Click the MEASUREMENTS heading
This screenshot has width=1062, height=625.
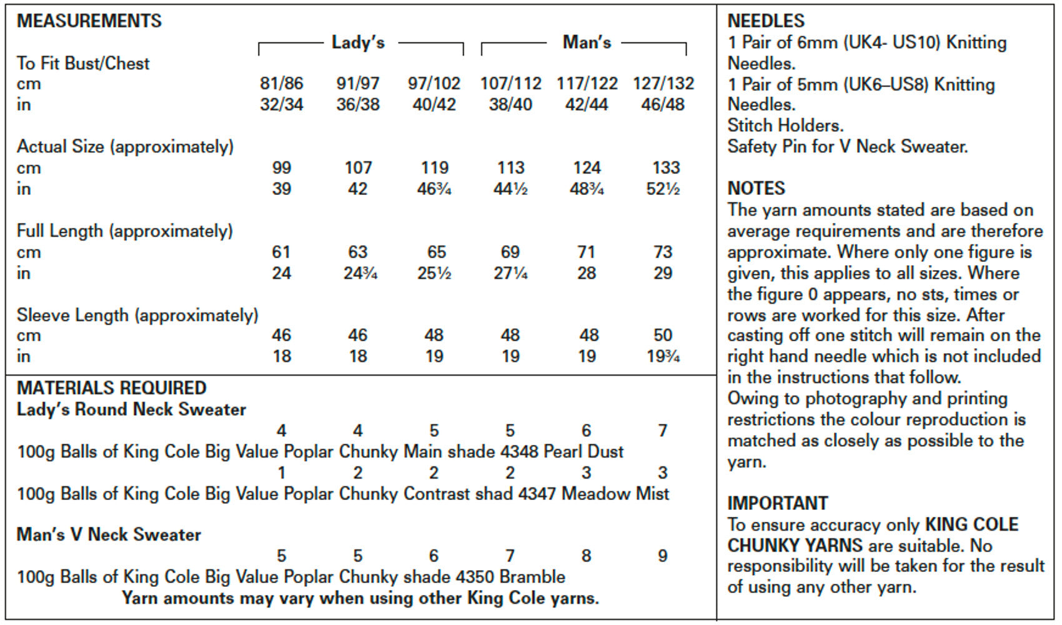point(89,21)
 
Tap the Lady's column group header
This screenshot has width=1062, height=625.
point(358,42)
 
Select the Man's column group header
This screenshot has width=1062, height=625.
point(587,42)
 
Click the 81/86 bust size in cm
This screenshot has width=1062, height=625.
point(281,84)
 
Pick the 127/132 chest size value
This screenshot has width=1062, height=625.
point(663,84)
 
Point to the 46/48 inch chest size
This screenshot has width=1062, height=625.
point(663,104)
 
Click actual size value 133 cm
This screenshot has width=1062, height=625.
point(666,168)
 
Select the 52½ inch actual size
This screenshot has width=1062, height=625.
point(663,189)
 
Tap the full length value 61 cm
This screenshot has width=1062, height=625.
point(281,252)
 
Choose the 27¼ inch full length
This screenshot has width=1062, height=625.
point(510,273)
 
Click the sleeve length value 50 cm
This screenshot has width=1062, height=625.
point(663,335)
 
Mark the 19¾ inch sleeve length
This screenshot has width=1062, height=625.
point(663,356)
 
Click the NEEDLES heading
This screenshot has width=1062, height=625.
point(766,21)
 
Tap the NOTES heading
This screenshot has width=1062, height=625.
point(756,188)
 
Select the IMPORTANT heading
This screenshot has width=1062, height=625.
point(778,503)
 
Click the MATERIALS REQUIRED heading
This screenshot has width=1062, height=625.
point(111,388)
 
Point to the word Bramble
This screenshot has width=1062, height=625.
point(532,577)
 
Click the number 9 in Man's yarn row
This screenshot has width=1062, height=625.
point(663,556)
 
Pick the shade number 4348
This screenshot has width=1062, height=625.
point(519,451)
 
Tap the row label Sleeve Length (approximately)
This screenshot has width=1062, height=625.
point(137,315)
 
